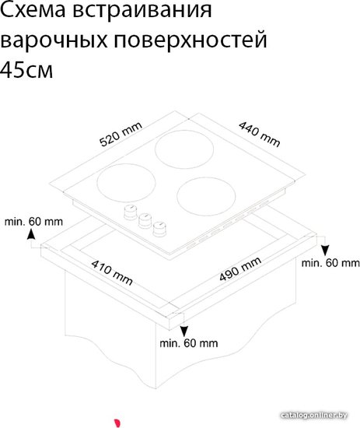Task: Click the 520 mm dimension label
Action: [121, 134]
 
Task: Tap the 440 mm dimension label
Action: [260, 134]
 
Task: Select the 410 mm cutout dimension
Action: [112, 272]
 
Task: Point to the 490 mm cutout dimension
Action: [240, 269]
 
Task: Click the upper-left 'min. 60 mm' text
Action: [33, 221]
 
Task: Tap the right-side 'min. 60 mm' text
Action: [330, 263]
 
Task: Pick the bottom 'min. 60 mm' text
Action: [189, 343]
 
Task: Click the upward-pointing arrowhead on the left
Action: [31, 234]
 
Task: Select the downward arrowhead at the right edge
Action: [325, 251]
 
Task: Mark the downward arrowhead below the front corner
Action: [184, 332]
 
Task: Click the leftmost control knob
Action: [131, 212]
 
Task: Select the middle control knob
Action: [145, 220]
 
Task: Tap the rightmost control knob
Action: [159, 229]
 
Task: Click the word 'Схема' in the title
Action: [33, 10]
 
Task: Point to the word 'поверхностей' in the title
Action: [190, 40]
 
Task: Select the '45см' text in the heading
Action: [26, 69]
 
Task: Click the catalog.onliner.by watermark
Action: [313, 416]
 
